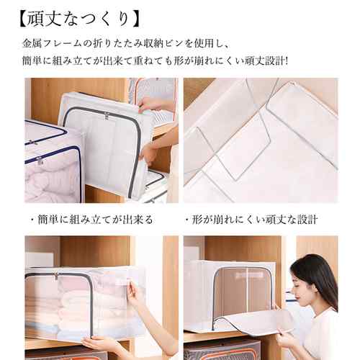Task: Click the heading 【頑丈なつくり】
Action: (x=78, y=20)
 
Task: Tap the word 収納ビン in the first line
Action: (x=164, y=44)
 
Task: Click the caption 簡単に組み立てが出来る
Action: (x=92, y=220)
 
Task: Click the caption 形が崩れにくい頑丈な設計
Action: (x=251, y=220)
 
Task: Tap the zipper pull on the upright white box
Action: (x=106, y=118)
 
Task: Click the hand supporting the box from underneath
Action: (x=101, y=344)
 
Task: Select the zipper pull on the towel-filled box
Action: (x=57, y=277)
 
